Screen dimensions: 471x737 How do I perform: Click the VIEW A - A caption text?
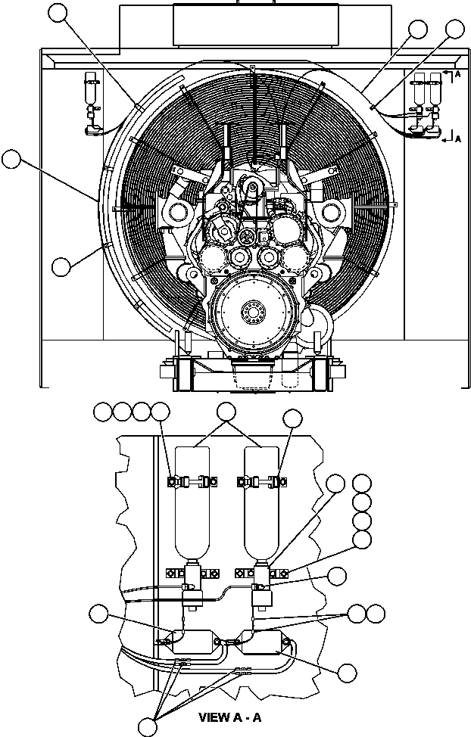tap(229, 716)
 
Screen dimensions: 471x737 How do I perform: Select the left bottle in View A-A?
tap(192, 507)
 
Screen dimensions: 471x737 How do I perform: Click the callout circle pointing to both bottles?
tap(226, 412)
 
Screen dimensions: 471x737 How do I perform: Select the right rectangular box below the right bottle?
tap(261, 642)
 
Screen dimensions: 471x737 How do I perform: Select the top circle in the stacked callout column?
tap(363, 484)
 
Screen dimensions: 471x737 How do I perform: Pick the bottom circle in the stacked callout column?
tap(363, 539)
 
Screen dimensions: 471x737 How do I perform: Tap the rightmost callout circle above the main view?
tap(454, 29)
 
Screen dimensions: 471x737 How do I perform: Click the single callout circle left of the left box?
tap(98, 614)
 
